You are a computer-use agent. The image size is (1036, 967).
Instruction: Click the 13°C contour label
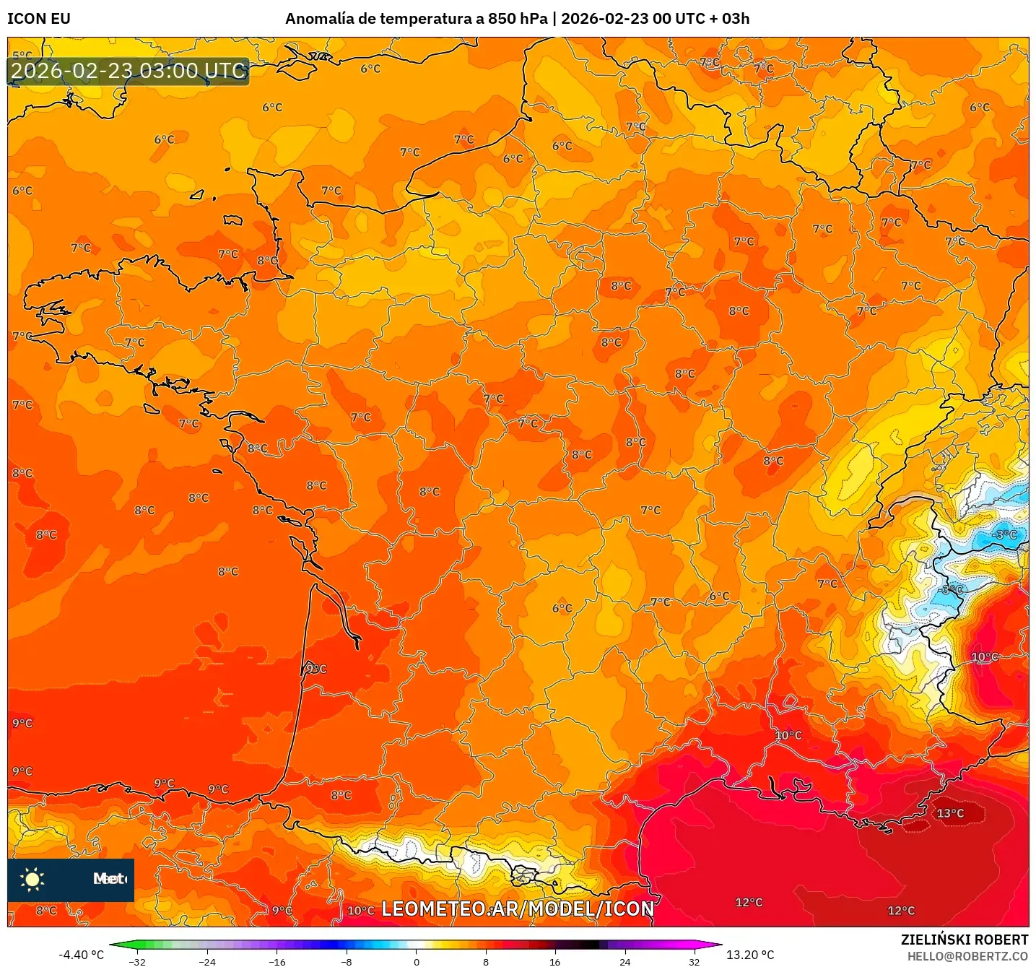click(949, 813)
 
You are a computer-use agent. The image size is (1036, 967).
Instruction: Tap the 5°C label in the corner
click(22, 55)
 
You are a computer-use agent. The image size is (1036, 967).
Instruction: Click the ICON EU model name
click(39, 19)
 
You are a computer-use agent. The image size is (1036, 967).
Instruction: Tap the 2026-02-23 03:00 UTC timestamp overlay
click(129, 71)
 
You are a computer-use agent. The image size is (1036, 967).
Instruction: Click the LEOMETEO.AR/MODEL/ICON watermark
click(518, 909)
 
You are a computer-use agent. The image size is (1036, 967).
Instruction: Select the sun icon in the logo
click(32, 879)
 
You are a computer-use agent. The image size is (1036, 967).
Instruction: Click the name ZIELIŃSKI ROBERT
click(964, 940)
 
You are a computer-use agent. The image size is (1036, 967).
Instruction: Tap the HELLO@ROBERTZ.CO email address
click(967, 956)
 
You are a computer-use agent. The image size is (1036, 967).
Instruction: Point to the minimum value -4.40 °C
click(81, 955)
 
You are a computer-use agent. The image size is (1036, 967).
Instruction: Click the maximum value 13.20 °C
click(750, 955)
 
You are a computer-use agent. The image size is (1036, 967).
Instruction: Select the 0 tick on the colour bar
click(416, 961)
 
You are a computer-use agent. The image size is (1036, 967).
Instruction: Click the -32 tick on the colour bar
click(137, 961)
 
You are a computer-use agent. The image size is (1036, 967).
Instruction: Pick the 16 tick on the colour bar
click(554, 961)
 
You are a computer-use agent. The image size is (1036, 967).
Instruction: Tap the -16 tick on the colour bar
click(277, 961)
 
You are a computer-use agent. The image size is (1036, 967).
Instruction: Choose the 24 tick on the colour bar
click(624, 961)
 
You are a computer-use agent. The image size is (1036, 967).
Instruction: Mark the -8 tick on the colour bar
click(347, 961)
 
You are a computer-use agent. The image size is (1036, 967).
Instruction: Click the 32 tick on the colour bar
click(694, 961)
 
